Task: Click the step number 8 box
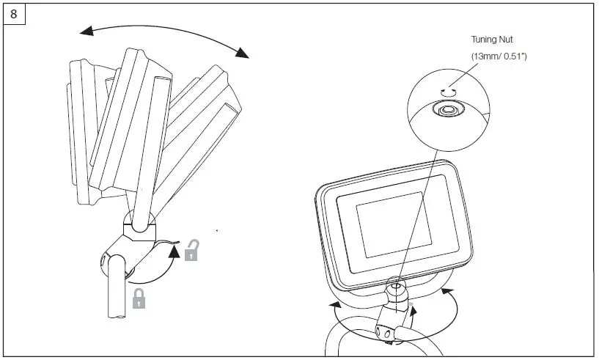click(x=14, y=15)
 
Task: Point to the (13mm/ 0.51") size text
click(x=499, y=56)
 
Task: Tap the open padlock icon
click(x=191, y=251)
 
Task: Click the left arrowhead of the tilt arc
click(x=87, y=30)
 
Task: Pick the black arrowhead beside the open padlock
click(x=174, y=252)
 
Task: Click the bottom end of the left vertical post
click(x=118, y=315)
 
